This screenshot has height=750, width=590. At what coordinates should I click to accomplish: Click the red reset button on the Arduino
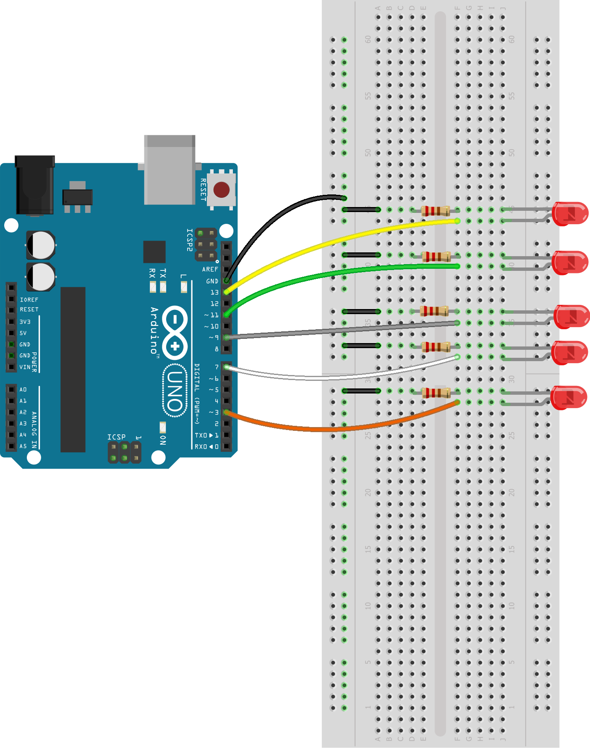tap(221, 190)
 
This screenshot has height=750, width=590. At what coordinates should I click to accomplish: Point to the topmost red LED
tap(570, 213)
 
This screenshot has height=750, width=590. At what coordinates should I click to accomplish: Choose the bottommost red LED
tap(569, 397)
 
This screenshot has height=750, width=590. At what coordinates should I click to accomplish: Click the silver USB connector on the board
tap(170, 170)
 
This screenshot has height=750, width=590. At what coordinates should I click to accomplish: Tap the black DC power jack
tap(35, 185)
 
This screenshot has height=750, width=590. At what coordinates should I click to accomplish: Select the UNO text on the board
tap(175, 391)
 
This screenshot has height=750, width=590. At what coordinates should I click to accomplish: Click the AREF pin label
tap(210, 270)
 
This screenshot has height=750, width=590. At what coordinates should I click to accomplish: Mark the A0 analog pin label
tap(23, 390)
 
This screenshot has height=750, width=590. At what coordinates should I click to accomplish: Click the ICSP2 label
tap(190, 240)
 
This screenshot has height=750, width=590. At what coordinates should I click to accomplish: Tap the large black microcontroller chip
tap(73, 370)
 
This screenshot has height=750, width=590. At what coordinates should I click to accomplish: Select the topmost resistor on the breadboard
tap(436, 210)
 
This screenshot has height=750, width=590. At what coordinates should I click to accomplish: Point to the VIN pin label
tap(25, 367)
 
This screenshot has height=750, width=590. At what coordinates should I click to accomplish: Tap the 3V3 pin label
tap(25, 322)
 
